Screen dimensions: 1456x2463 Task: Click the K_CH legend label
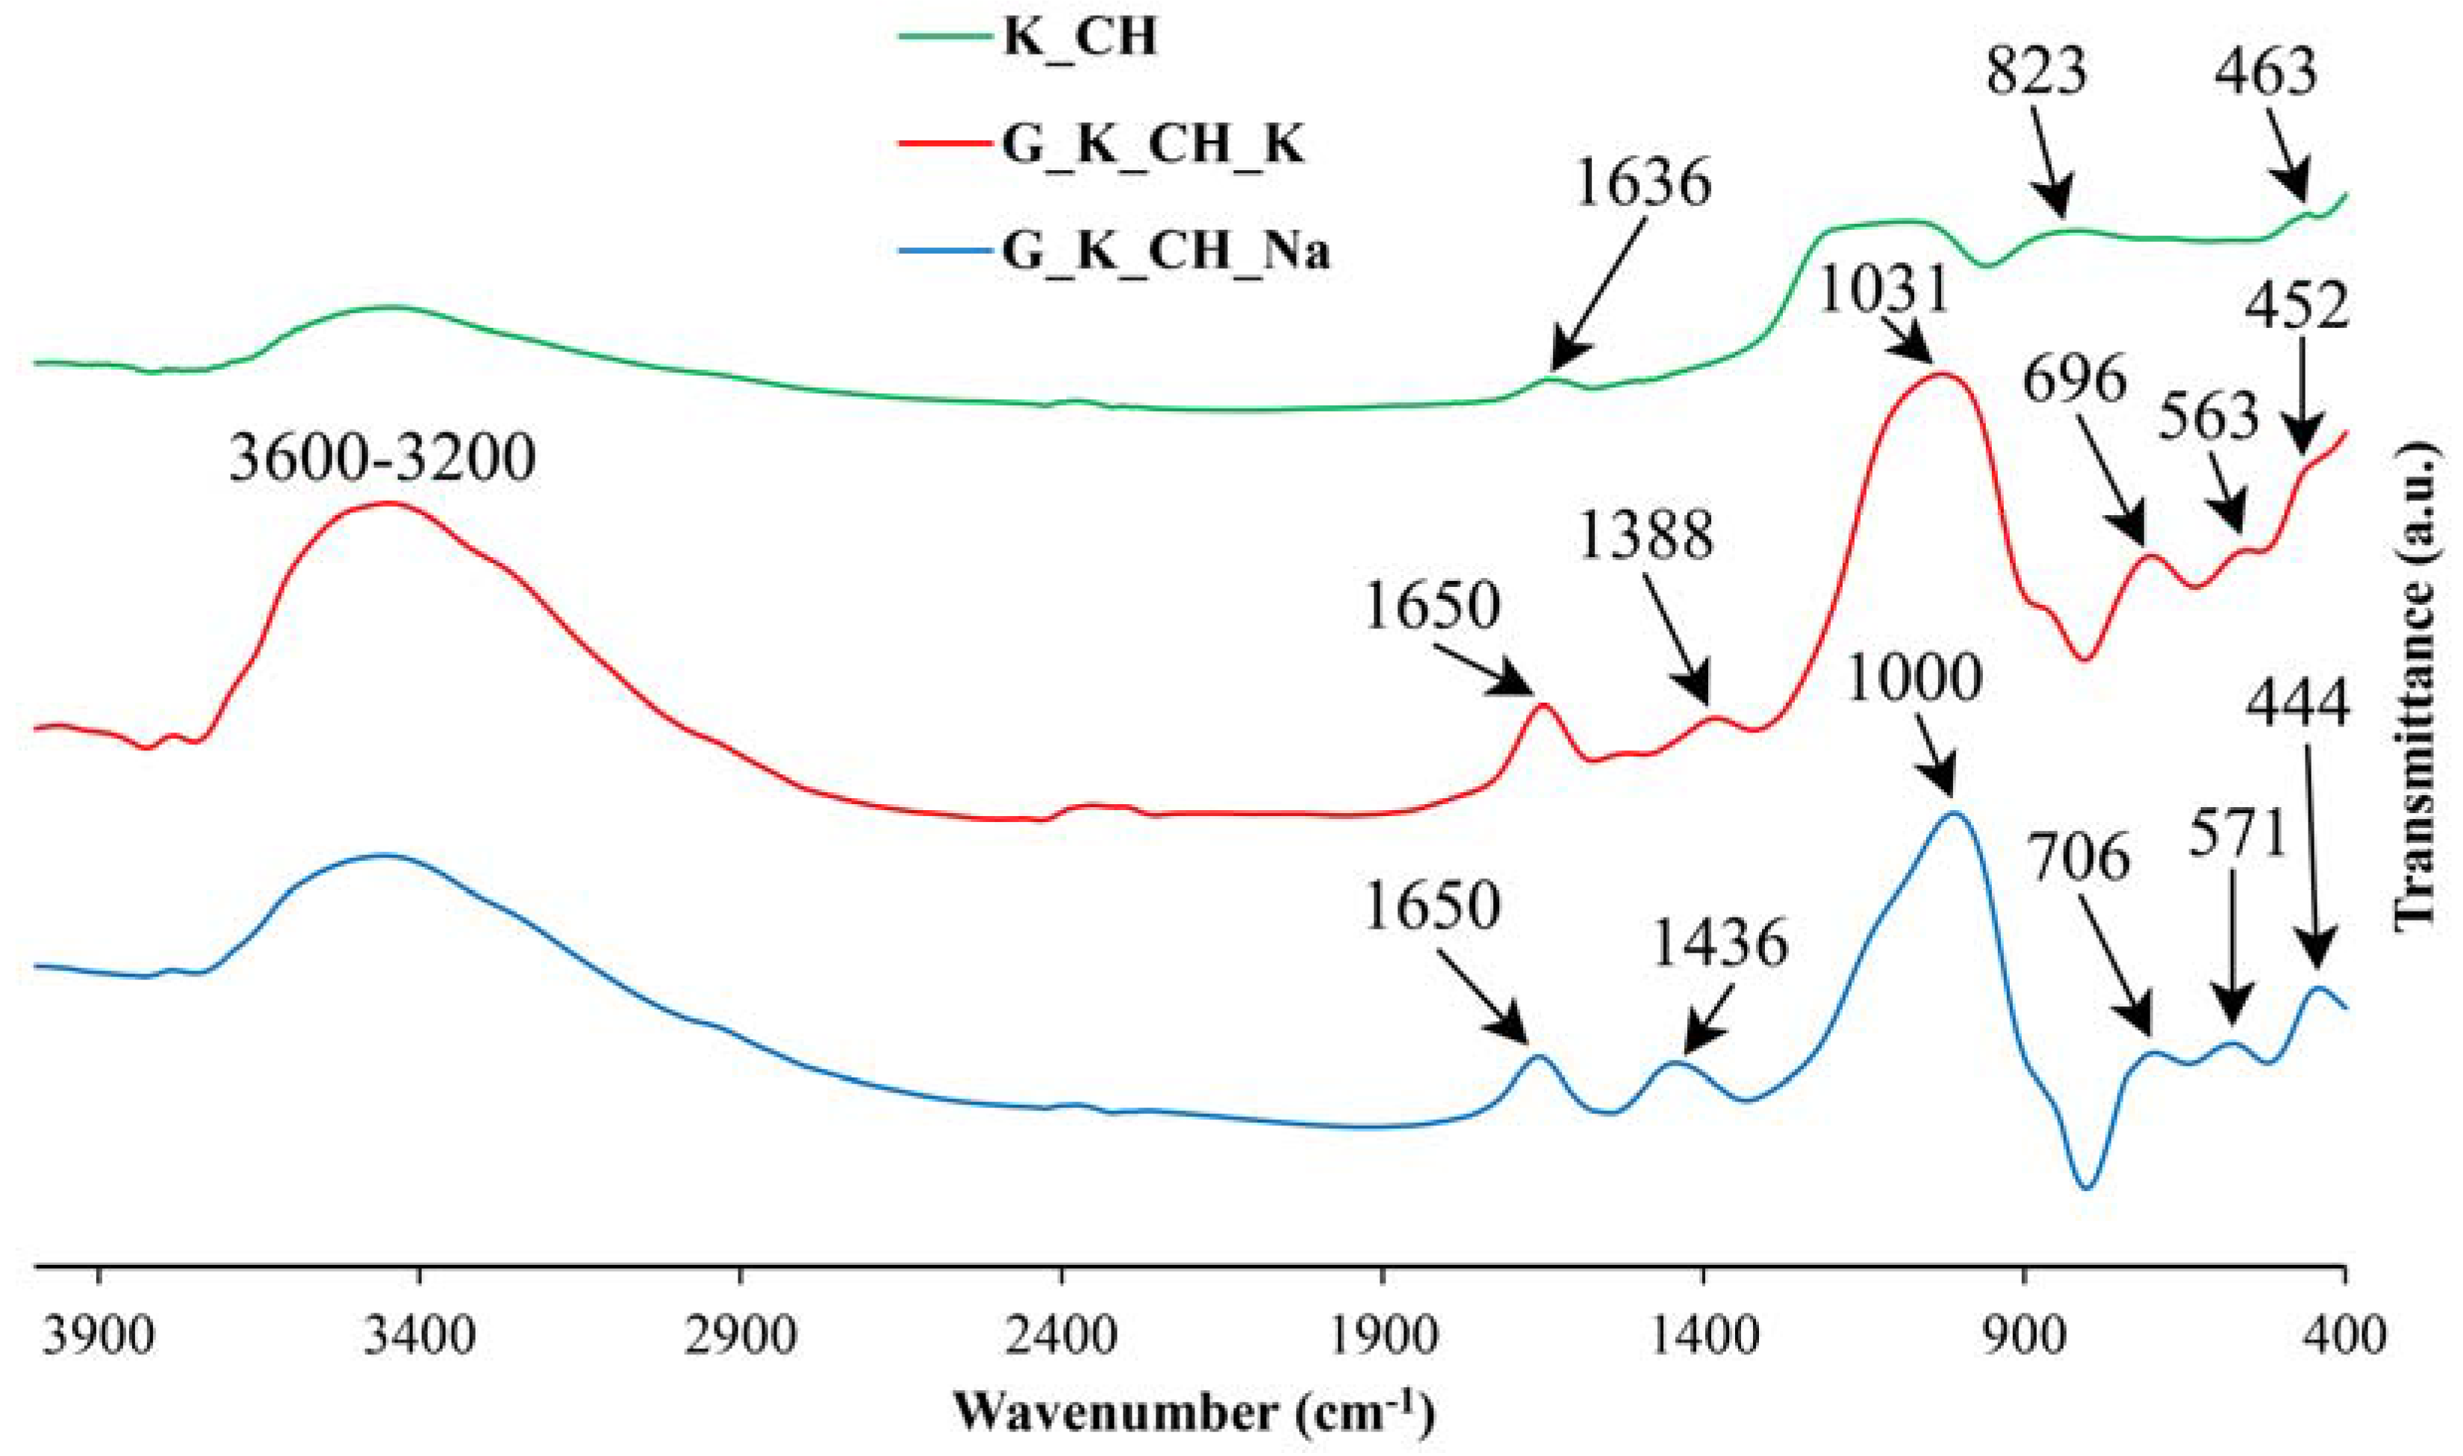[1079, 37]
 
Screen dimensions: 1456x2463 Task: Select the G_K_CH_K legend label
[1153, 145]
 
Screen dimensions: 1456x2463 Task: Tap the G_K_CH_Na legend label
[1165, 251]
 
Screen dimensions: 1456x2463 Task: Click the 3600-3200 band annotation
[382, 457]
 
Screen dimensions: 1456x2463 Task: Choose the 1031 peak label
[1882, 290]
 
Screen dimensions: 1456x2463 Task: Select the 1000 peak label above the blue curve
[1914, 678]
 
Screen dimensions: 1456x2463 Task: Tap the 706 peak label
[2079, 856]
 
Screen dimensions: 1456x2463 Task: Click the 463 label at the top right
[2266, 72]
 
